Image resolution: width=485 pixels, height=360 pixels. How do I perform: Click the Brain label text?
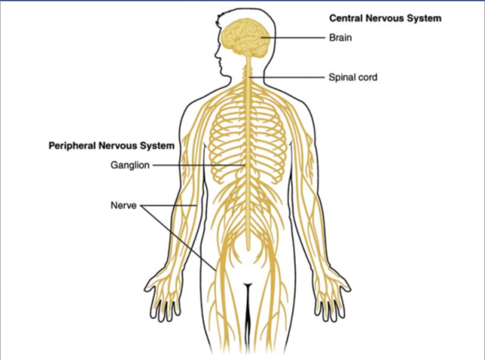click(x=340, y=37)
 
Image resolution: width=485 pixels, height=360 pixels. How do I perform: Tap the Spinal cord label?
click(x=353, y=77)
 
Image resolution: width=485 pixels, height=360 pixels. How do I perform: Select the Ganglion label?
click(x=130, y=165)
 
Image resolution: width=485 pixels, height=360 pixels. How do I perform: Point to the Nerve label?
click(x=123, y=206)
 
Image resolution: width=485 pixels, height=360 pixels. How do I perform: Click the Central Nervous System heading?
click(x=385, y=18)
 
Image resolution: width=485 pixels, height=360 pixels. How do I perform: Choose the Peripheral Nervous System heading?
click(x=111, y=146)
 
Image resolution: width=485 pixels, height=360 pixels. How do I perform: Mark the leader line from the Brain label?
click(x=294, y=37)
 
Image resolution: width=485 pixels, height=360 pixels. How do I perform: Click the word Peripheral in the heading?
click(x=72, y=146)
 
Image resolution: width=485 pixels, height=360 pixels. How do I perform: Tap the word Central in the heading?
click(x=345, y=18)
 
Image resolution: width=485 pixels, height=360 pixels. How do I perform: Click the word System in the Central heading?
click(x=425, y=18)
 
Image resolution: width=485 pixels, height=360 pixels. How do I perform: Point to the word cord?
click(x=367, y=77)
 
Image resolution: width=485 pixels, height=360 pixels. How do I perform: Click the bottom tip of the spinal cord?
click(x=247, y=248)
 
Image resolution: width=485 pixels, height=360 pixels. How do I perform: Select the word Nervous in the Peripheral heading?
click(x=118, y=146)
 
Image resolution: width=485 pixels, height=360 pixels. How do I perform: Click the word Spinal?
click(x=342, y=77)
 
